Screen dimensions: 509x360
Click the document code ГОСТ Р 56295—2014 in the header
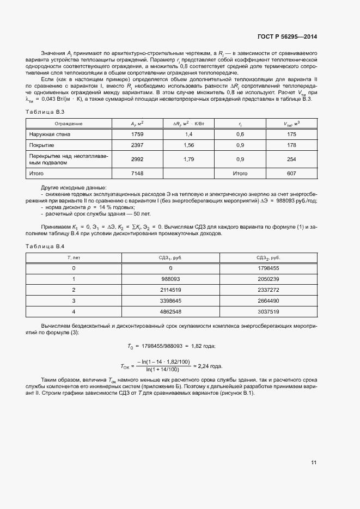[x=286, y=37]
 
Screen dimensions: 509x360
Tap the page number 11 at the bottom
[x=314, y=463]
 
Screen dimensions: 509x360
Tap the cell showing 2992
[x=137, y=160]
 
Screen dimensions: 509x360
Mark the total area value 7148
[x=137, y=174]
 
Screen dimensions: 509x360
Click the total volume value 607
[x=291, y=174]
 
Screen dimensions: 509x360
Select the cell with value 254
[x=291, y=160]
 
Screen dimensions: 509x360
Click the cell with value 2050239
[x=268, y=278]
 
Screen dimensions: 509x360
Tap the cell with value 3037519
[x=268, y=311]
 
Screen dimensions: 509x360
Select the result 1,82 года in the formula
[x=204, y=346]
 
